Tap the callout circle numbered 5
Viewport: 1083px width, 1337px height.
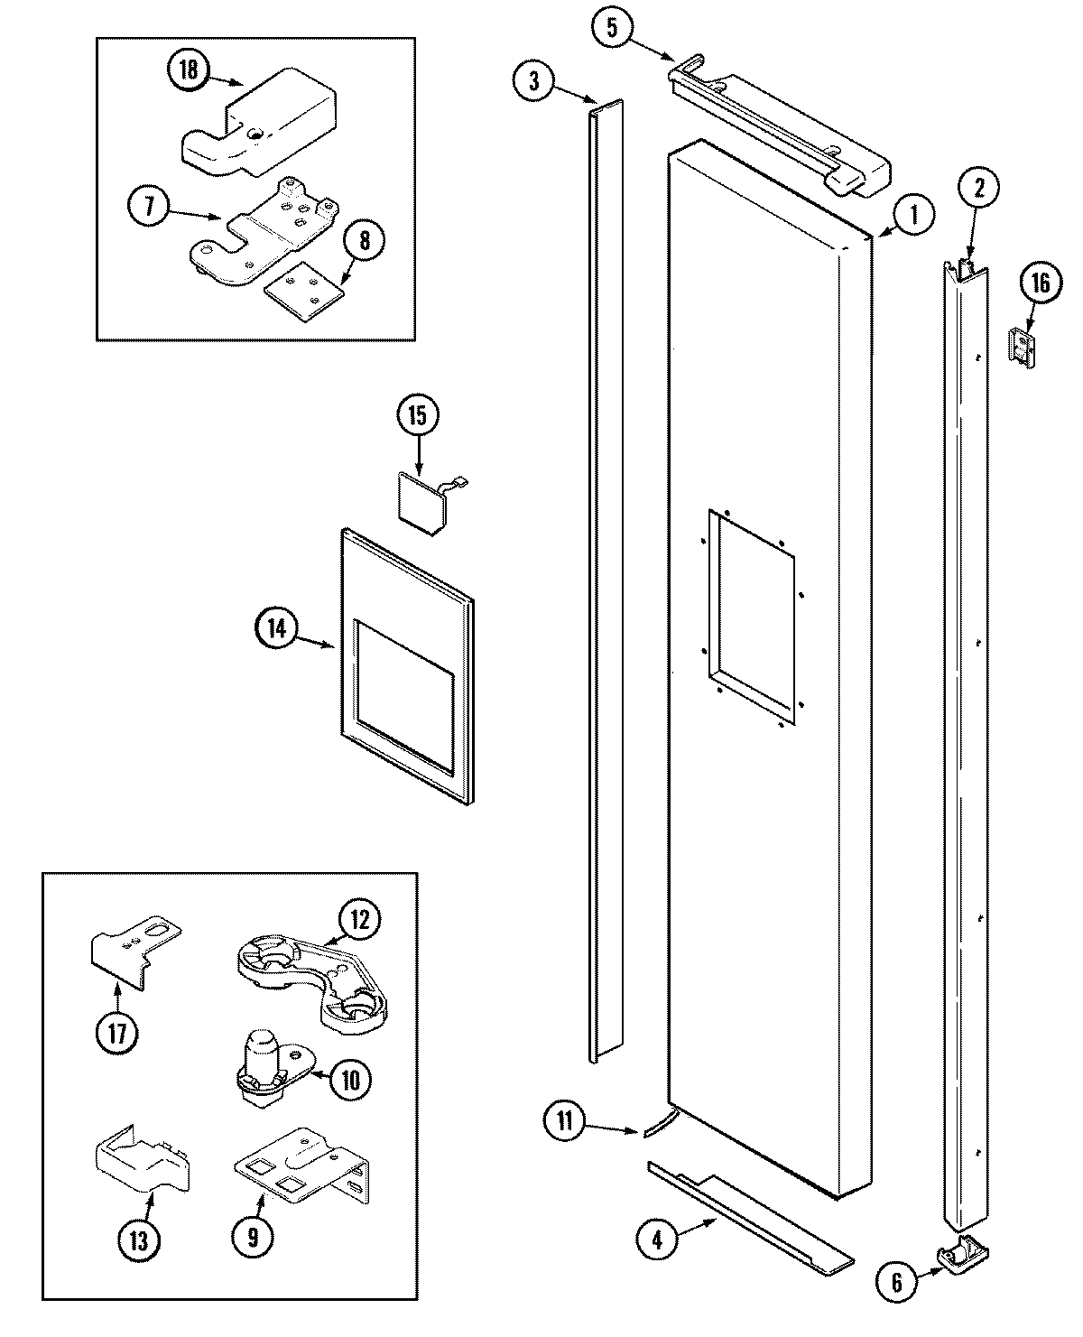[611, 28]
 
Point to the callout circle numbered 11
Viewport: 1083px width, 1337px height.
[564, 1121]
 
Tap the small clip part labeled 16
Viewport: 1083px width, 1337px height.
[1020, 346]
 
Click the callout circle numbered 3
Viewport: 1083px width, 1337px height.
[533, 81]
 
